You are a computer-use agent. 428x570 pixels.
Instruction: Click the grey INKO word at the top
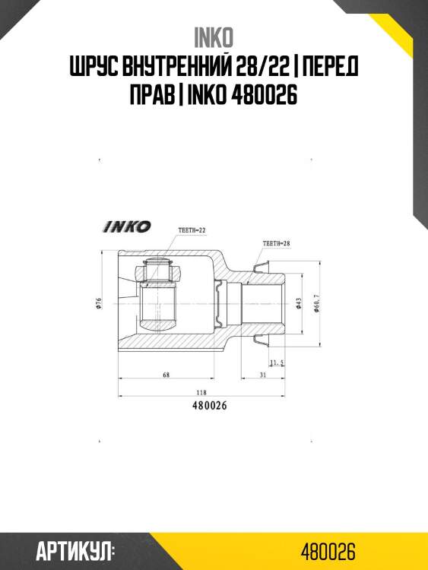pos(214,38)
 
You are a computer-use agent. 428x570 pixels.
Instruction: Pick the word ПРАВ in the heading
pos(152,95)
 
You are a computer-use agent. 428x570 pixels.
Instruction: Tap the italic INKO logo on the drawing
pos(127,226)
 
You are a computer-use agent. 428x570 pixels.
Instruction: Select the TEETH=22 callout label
pos(192,230)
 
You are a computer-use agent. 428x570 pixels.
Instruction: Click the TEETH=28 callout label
pos(277,243)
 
